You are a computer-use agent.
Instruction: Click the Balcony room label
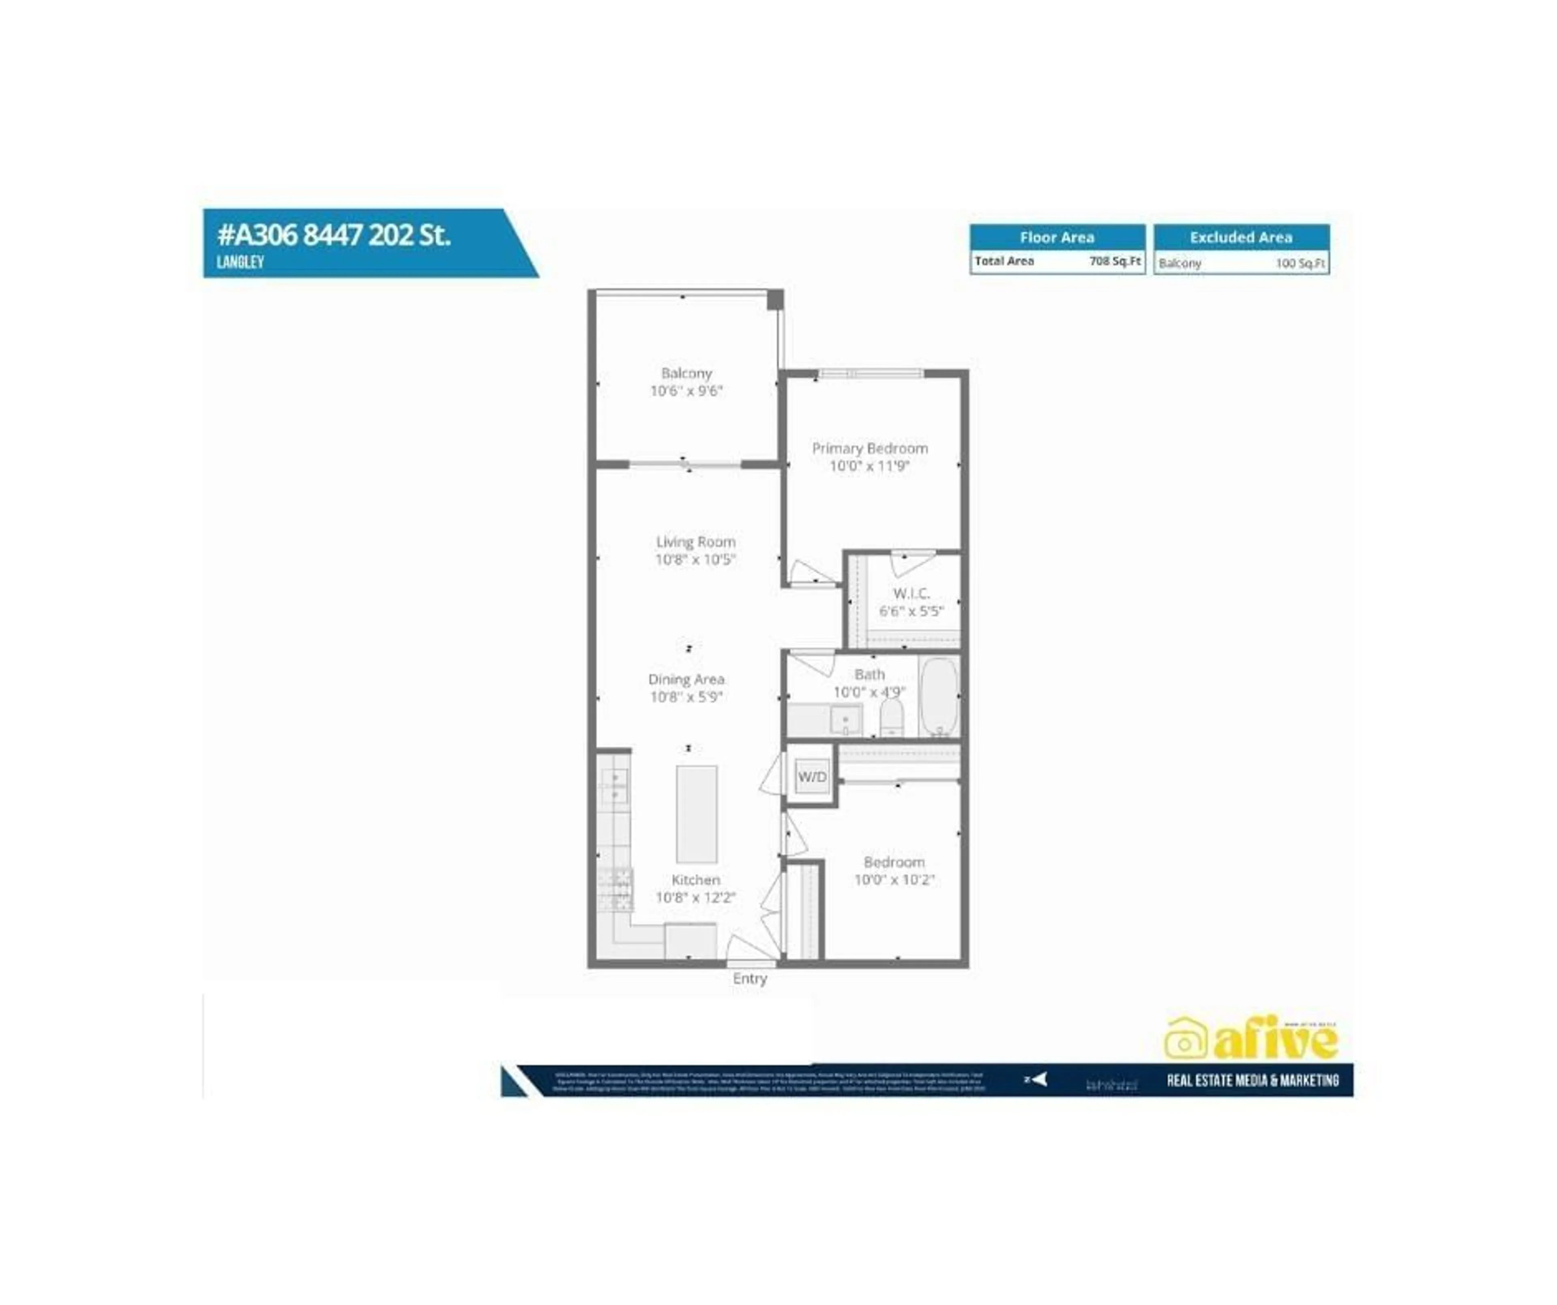pyautogui.click(x=686, y=373)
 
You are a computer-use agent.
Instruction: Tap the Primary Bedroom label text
pyautogui.click(x=870, y=449)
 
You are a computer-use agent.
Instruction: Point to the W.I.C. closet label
pyautogui.click(x=911, y=593)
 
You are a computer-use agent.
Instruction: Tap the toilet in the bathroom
pyautogui.click(x=891, y=717)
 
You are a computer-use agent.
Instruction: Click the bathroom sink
pyautogui.click(x=845, y=719)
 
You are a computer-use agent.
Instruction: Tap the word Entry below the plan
pyautogui.click(x=750, y=979)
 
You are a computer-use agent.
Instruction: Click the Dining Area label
pyautogui.click(x=686, y=679)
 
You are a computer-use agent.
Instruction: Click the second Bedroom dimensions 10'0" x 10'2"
pyautogui.click(x=894, y=880)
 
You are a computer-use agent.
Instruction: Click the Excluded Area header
pyautogui.click(x=1241, y=237)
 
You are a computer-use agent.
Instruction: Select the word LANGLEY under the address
pyautogui.click(x=240, y=262)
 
